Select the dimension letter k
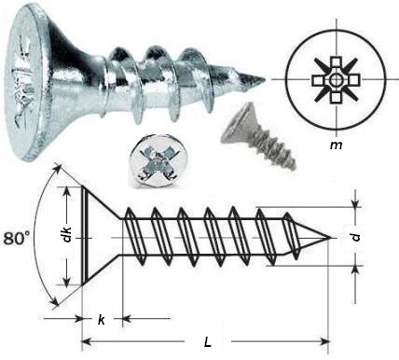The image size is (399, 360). pyautogui.click(x=101, y=320)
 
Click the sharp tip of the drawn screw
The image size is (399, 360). pyautogui.click(x=332, y=235)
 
